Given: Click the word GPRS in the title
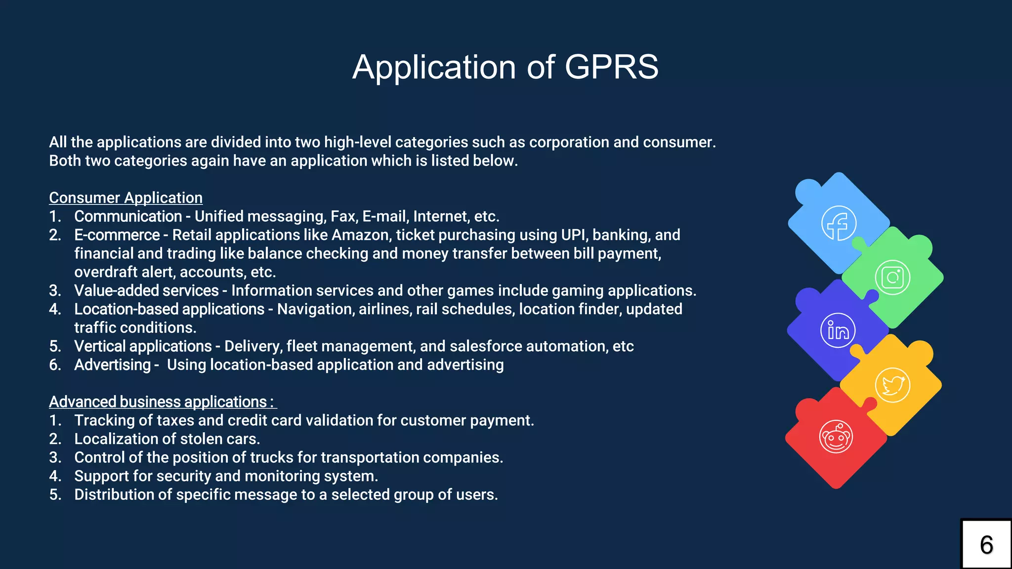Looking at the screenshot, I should (x=611, y=67).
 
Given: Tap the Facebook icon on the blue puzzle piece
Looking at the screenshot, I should (x=839, y=223).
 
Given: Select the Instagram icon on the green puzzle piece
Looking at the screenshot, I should (x=892, y=277).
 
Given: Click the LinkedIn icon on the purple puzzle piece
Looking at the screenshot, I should (x=838, y=330).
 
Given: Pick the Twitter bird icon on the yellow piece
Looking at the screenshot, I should (x=892, y=385).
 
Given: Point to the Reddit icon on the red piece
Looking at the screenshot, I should (x=836, y=437).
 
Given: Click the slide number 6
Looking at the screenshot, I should (x=986, y=545).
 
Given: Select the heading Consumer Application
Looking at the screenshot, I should (x=126, y=198).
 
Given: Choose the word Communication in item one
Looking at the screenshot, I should (x=128, y=216).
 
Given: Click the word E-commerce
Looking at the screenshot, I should (x=117, y=235).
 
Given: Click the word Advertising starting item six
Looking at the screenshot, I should (x=112, y=365).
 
